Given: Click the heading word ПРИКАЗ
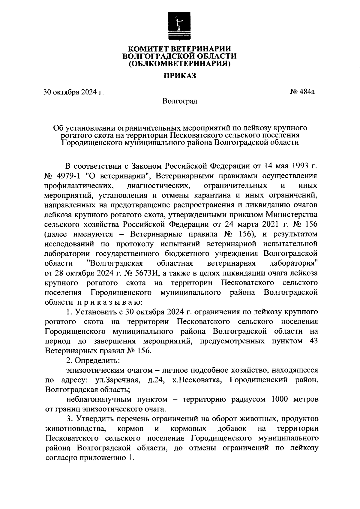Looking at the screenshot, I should (179, 76).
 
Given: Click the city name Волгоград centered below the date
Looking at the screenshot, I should (180, 101).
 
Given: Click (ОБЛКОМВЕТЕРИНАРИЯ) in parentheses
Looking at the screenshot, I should (179, 63).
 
